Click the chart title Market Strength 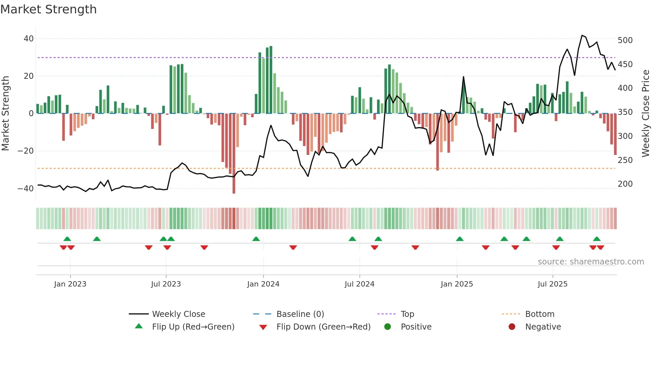pos(49,9)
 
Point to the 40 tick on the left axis pos(29,39)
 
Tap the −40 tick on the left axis pos(26,188)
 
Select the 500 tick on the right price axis pos(625,40)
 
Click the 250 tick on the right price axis pos(625,160)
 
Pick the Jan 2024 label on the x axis pos(263,284)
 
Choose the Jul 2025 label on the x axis pos(553,284)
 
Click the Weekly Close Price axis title pos(646,114)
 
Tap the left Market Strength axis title pos(6,114)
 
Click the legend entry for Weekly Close pos(179,314)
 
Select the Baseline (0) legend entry pos(300,314)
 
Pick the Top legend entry pos(407,314)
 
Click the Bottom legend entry pos(540,314)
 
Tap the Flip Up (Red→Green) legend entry pos(193,327)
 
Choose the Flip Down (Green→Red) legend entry pos(323,327)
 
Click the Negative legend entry pos(543,327)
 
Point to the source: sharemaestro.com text pos(591,262)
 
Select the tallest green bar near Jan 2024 pos(271,80)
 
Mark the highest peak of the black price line pos(582,35)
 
